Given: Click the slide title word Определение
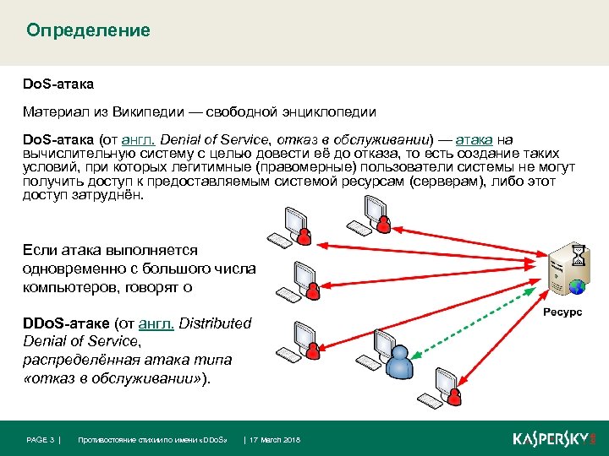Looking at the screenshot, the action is [x=88, y=31].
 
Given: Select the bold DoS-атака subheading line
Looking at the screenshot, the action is [x=58, y=84].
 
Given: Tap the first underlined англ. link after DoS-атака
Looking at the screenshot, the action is [x=138, y=139].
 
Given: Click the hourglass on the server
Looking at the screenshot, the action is [x=578, y=254].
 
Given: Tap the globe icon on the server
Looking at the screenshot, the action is [x=577, y=288].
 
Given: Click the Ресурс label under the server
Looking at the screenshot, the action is [x=562, y=312].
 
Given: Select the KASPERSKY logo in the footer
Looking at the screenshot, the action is [x=553, y=439].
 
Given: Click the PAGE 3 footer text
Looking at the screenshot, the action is [x=41, y=440].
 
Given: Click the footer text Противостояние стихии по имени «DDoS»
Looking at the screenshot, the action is [x=153, y=440].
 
